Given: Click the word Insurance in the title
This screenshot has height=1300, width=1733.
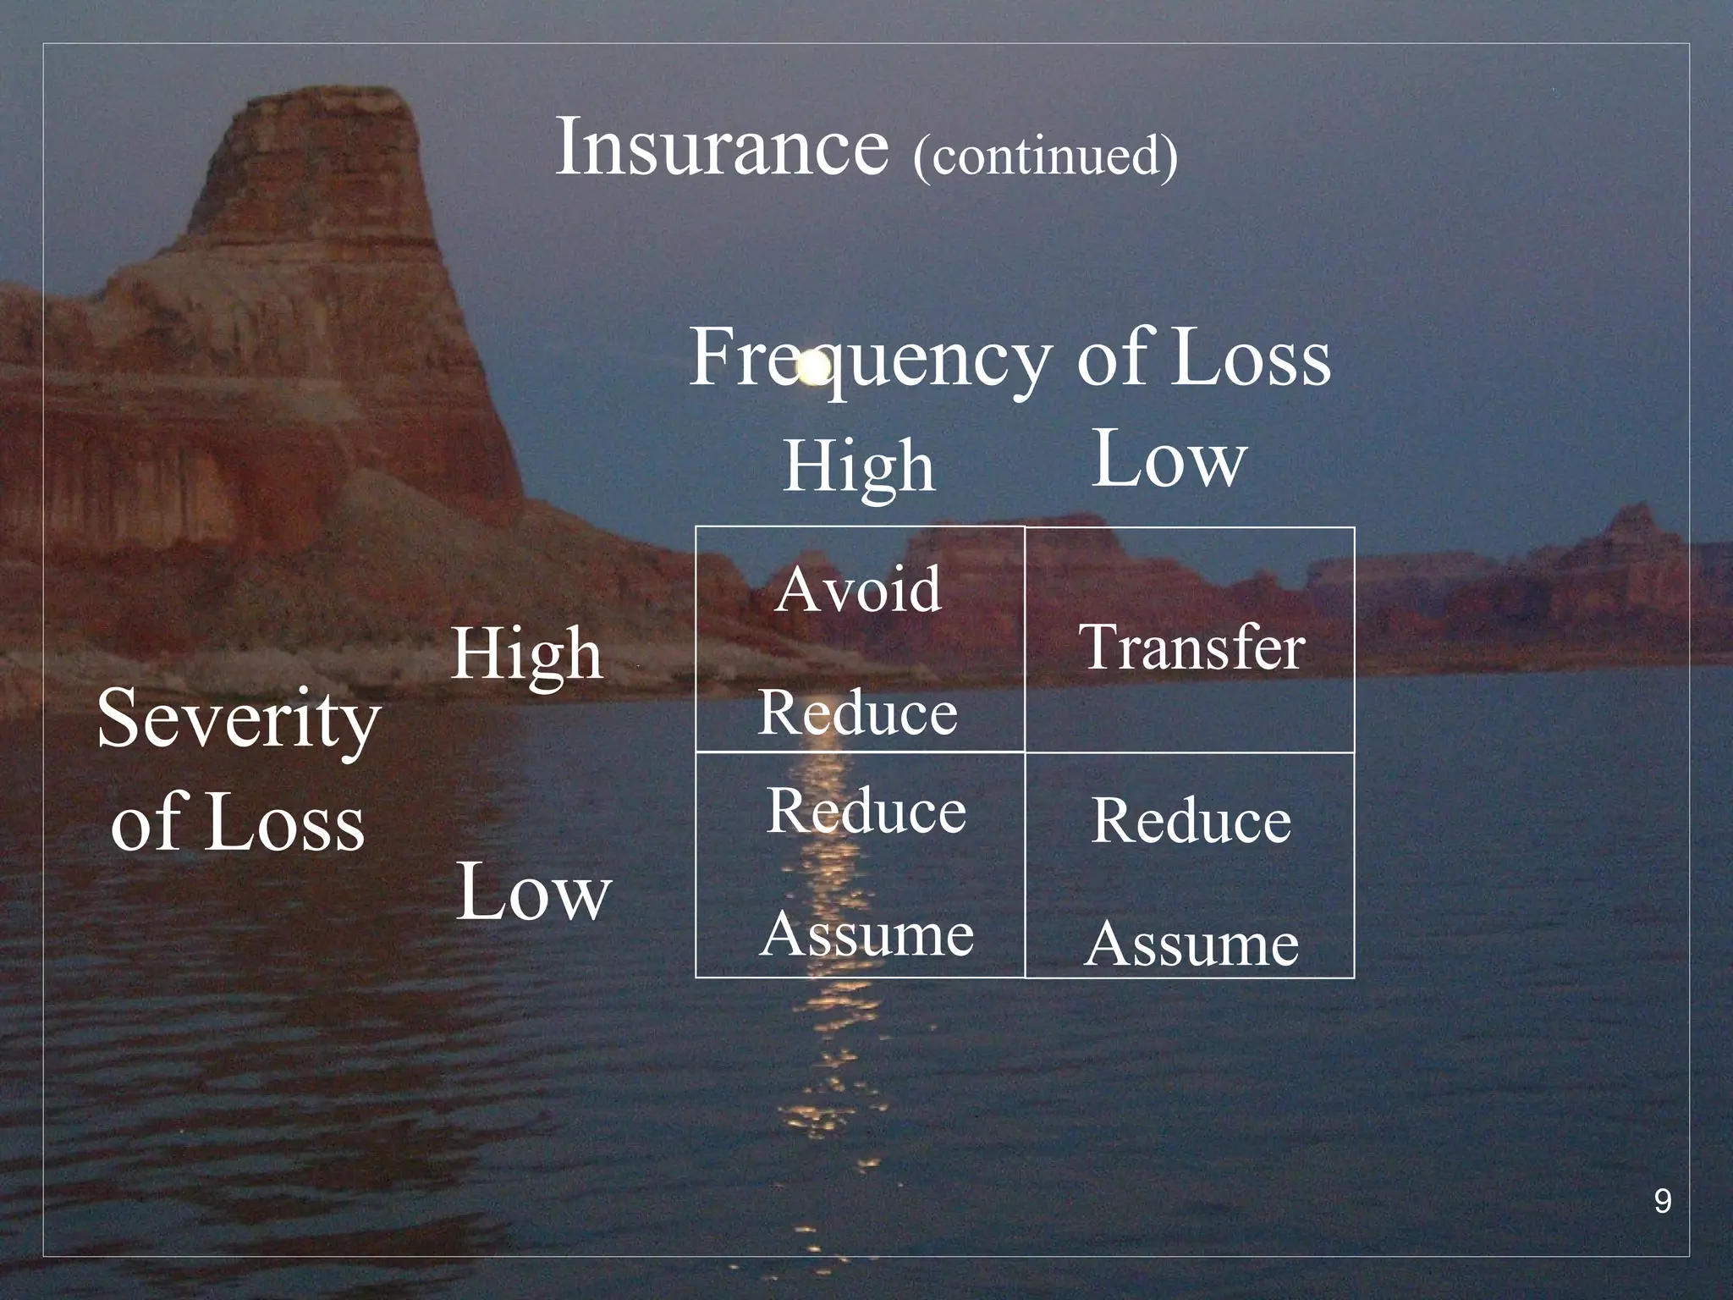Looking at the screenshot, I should click(x=722, y=147).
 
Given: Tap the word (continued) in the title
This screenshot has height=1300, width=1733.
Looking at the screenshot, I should click(x=1045, y=156).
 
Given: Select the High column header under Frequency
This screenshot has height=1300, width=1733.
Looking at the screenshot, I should click(x=859, y=465).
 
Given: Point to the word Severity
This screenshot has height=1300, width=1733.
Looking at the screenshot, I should click(x=238, y=719).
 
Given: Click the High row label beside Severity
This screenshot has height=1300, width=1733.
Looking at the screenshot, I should click(x=527, y=653).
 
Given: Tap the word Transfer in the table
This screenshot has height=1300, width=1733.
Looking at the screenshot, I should click(x=1191, y=647).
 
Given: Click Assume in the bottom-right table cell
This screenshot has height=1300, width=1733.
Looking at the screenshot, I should click(x=1191, y=943).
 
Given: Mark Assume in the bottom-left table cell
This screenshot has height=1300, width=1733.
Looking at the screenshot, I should click(x=866, y=934).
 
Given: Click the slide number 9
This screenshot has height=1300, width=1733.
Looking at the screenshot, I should click(x=1662, y=1201).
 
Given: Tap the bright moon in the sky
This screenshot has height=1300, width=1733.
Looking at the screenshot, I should click(x=814, y=367).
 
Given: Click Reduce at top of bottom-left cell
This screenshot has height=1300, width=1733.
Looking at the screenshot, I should click(x=866, y=810).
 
